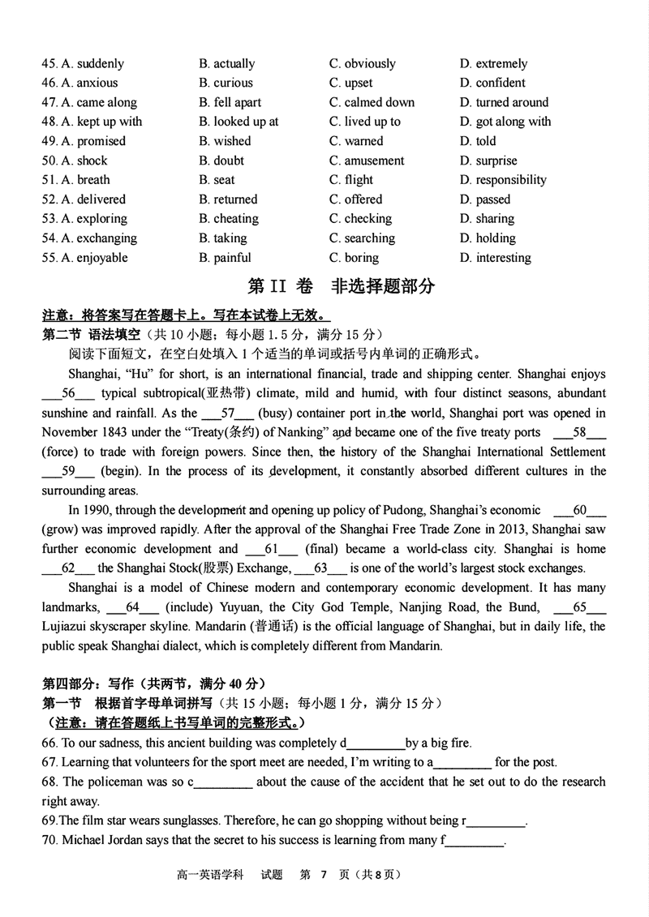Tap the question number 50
pyautogui.click(x=49, y=161)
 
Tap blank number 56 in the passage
pyautogui.click(x=68, y=393)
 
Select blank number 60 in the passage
pyautogui.click(x=579, y=510)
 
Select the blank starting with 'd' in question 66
pyautogui.click(x=375, y=743)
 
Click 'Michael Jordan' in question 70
pyautogui.click(x=101, y=840)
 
